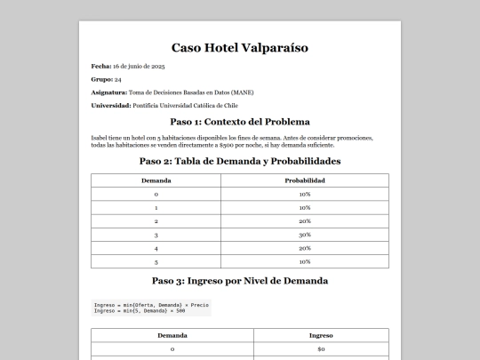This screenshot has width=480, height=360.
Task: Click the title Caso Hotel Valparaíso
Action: tap(240, 47)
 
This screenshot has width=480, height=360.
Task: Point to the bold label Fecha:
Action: tap(100, 67)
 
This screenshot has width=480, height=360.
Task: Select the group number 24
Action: tap(118, 80)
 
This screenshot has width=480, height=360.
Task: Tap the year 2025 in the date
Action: tap(158, 67)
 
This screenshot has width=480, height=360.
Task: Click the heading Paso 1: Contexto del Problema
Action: tap(240, 122)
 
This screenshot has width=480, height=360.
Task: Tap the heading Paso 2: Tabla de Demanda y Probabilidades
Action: tap(240, 161)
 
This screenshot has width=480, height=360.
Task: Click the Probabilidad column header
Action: tap(305, 180)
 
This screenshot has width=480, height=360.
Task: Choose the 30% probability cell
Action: tap(305, 235)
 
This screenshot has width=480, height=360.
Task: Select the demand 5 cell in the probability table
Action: tap(156, 262)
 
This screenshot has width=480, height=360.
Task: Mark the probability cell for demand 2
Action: tap(305, 220)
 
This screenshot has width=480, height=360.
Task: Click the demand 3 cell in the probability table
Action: tap(156, 235)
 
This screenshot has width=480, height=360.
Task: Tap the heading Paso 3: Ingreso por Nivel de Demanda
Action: tap(240, 280)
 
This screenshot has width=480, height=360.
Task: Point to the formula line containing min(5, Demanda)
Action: tap(140, 311)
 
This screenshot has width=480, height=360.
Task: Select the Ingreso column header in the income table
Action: tap(321, 336)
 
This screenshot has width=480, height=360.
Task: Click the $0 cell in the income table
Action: tap(321, 350)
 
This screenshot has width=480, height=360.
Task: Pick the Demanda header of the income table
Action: tap(172, 336)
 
